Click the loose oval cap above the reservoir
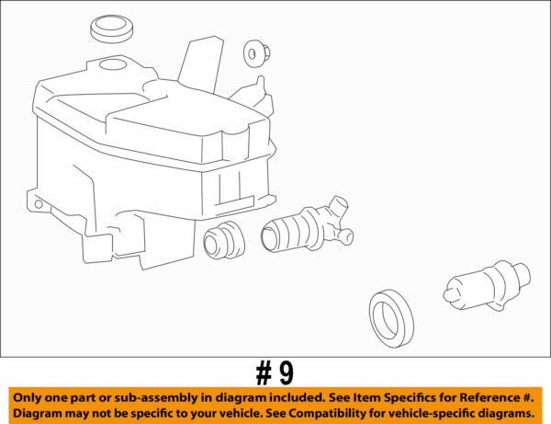(112, 28)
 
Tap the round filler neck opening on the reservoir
(115, 64)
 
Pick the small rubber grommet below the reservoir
(221, 241)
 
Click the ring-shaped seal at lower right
(391, 317)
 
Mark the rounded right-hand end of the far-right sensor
(522, 272)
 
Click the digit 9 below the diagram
(286, 372)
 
